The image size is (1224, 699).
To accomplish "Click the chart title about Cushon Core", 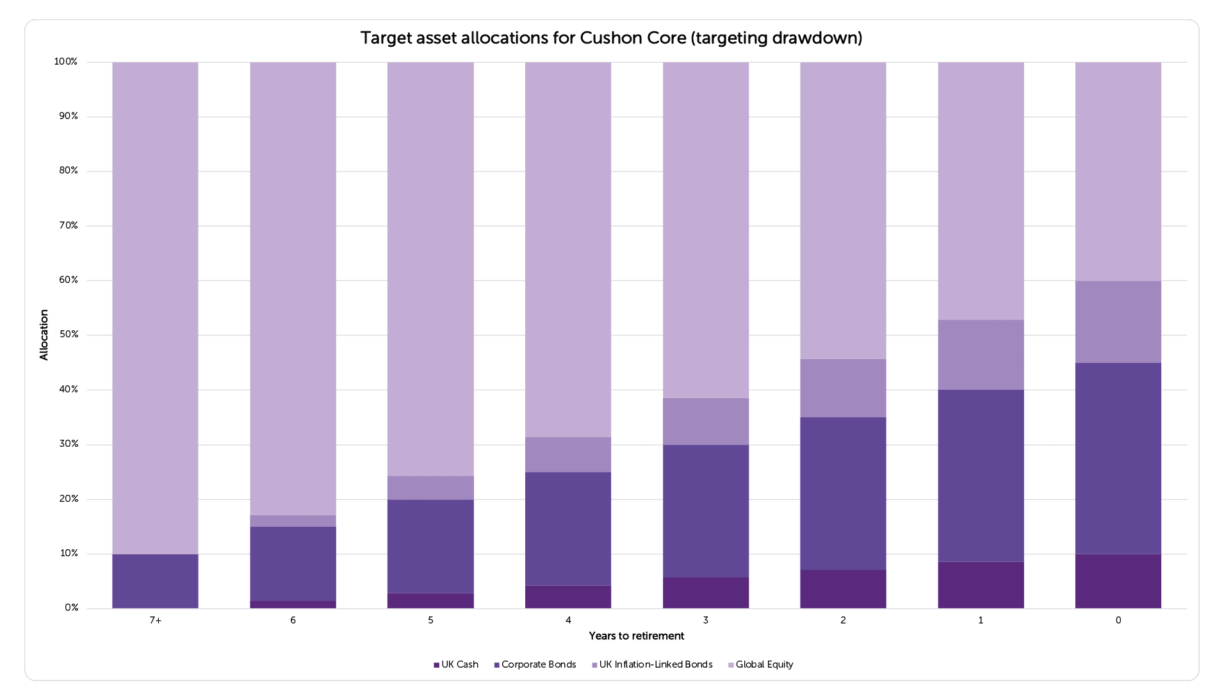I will coord(611,38).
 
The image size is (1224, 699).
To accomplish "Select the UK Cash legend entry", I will coord(456,664).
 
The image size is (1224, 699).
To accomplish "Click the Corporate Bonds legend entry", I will coord(535,664).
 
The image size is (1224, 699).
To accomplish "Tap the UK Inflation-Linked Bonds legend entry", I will coord(652,664).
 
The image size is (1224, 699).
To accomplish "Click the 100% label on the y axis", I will coord(66,61).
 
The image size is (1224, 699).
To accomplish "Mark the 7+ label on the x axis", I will coord(155,620).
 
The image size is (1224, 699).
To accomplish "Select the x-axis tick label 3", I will coord(705,620).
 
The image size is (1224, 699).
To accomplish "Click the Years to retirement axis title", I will coord(636,636).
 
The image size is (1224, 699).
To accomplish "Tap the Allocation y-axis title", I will coord(44,335).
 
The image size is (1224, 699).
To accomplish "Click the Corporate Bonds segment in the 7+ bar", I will coord(155,581).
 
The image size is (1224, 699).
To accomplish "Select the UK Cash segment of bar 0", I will coord(1118,581).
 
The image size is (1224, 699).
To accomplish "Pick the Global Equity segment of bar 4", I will coord(567,250).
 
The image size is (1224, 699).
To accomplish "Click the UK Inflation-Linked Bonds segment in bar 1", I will coord(980,355).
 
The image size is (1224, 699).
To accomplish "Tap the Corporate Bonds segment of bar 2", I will coord(843,494).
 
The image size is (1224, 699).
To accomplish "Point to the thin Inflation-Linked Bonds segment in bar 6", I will coord(293,521).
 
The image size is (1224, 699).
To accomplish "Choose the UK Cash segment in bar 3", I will coord(705,593).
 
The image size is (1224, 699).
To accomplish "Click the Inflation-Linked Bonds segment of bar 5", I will coord(430,488).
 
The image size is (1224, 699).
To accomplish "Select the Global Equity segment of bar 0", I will coord(1118,172).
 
